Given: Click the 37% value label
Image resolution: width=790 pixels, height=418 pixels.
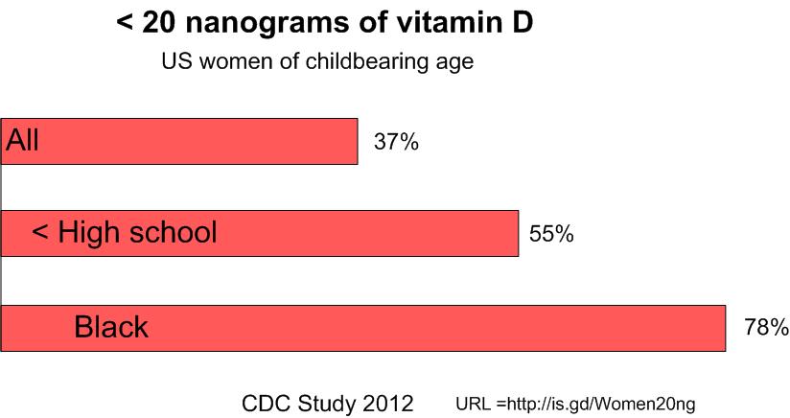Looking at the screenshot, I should pos(396,143).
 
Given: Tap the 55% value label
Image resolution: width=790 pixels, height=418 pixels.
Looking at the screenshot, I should pos(551,234).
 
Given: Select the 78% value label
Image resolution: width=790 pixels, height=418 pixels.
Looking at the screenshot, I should pos(766,328).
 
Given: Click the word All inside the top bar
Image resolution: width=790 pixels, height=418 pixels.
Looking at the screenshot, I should pos(23,141).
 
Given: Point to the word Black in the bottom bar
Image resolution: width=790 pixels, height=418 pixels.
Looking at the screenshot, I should pos(111,328).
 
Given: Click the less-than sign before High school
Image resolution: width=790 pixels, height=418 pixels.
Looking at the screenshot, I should pos(40,233).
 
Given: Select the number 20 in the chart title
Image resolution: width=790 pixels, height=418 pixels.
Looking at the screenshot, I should pos(159,23).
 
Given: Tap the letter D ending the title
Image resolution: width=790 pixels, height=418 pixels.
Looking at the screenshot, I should pos(522,23).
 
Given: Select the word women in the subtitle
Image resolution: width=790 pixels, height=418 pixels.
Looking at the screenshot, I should pos(230,62).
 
